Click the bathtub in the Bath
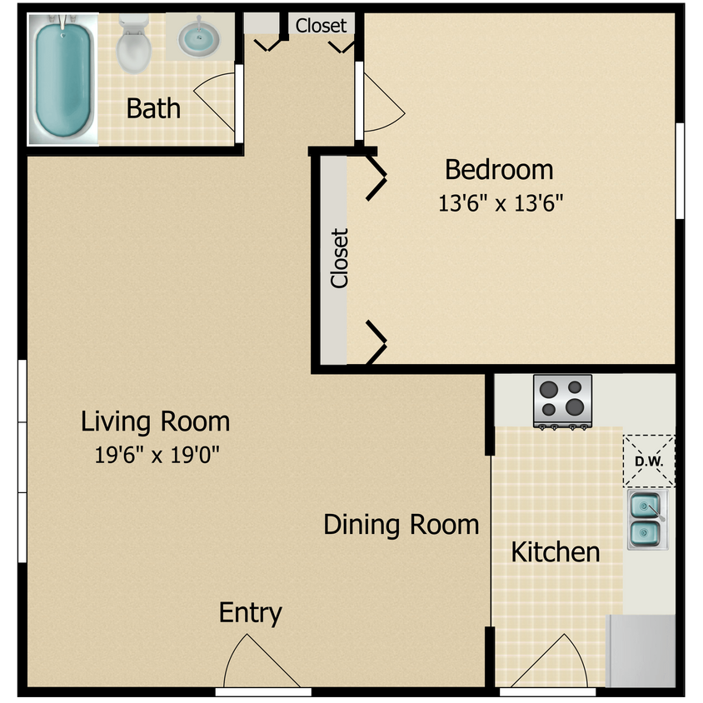tap(63, 79)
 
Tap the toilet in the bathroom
tap(133, 44)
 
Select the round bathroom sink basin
tap(198, 38)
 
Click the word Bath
tap(153, 108)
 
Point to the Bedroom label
tap(499, 170)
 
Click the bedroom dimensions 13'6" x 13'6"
tap(501, 203)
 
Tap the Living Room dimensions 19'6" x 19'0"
tap(157, 455)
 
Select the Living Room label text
tap(155, 421)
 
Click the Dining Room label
tap(401, 525)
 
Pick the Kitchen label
tap(556, 552)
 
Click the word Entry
tap(250, 613)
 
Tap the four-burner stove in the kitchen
tap(563, 401)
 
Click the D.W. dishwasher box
tap(649, 461)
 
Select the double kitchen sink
tap(647, 520)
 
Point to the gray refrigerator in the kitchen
tap(641, 651)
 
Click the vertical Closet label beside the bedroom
tap(339, 258)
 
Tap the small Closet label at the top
tap(321, 26)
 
